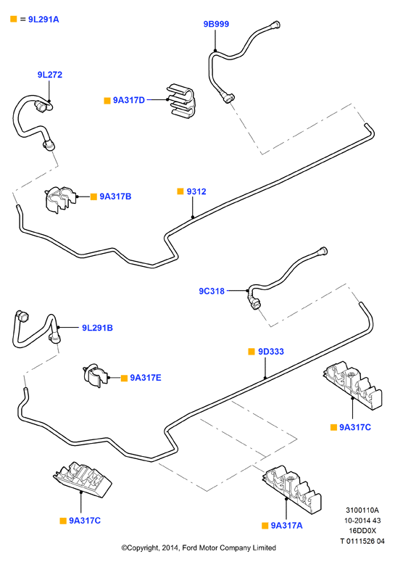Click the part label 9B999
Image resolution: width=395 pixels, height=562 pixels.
coord(216,24)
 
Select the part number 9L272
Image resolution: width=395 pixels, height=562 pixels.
coord(50,75)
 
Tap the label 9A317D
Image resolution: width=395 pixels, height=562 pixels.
coord(129,100)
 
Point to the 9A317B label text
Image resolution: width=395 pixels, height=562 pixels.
coord(115,197)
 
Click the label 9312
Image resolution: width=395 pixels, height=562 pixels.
coord(196,191)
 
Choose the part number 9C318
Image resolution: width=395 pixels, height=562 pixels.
coord(212,291)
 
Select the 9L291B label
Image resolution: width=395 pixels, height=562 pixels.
coord(97,328)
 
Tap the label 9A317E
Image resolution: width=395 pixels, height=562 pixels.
coord(146,378)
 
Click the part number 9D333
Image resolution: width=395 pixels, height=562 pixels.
coord(271,352)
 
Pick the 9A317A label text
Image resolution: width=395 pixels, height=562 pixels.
coord(286,526)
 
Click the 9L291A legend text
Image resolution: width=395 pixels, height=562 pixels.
coord(43,20)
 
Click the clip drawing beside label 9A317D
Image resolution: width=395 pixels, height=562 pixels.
coord(180,102)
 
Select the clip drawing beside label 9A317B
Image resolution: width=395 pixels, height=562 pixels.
coord(61,199)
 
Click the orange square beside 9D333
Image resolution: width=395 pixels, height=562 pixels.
coord(251,352)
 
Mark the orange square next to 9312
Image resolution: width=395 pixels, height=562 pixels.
coord(180,191)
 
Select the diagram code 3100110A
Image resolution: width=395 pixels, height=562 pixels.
coord(362,510)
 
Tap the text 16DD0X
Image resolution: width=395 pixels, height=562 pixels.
coord(362,531)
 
